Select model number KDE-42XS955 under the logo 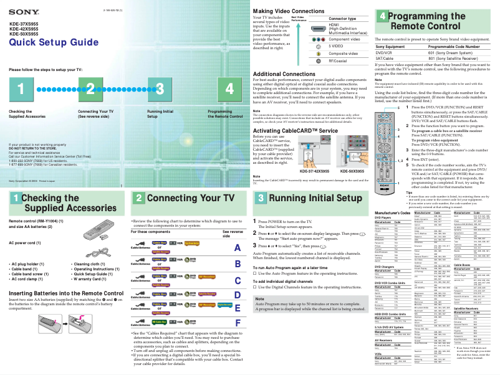[x=24, y=29]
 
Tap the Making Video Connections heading [x=289, y=11]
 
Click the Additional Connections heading [x=283, y=74]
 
